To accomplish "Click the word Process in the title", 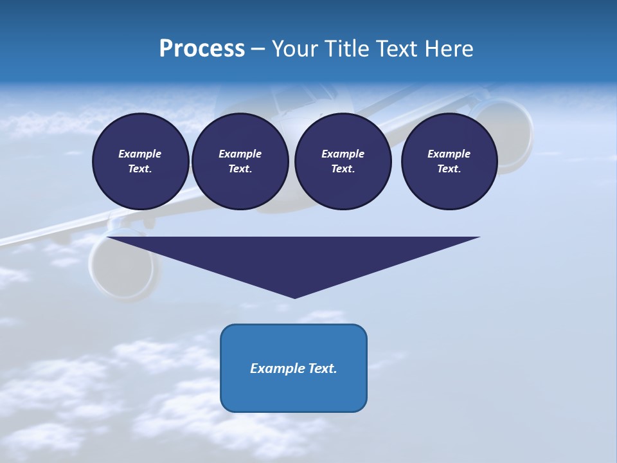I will click(x=202, y=49).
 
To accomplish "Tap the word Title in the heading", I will click(x=347, y=49).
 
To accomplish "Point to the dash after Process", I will click(x=258, y=50).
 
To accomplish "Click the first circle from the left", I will click(x=140, y=161).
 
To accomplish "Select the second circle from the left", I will click(x=240, y=161).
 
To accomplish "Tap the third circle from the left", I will click(x=343, y=161).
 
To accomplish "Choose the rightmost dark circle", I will click(x=449, y=161).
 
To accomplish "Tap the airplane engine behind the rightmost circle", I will click(x=511, y=132).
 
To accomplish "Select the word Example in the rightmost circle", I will click(x=449, y=154).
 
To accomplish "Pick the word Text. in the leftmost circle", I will click(x=140, y=168).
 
